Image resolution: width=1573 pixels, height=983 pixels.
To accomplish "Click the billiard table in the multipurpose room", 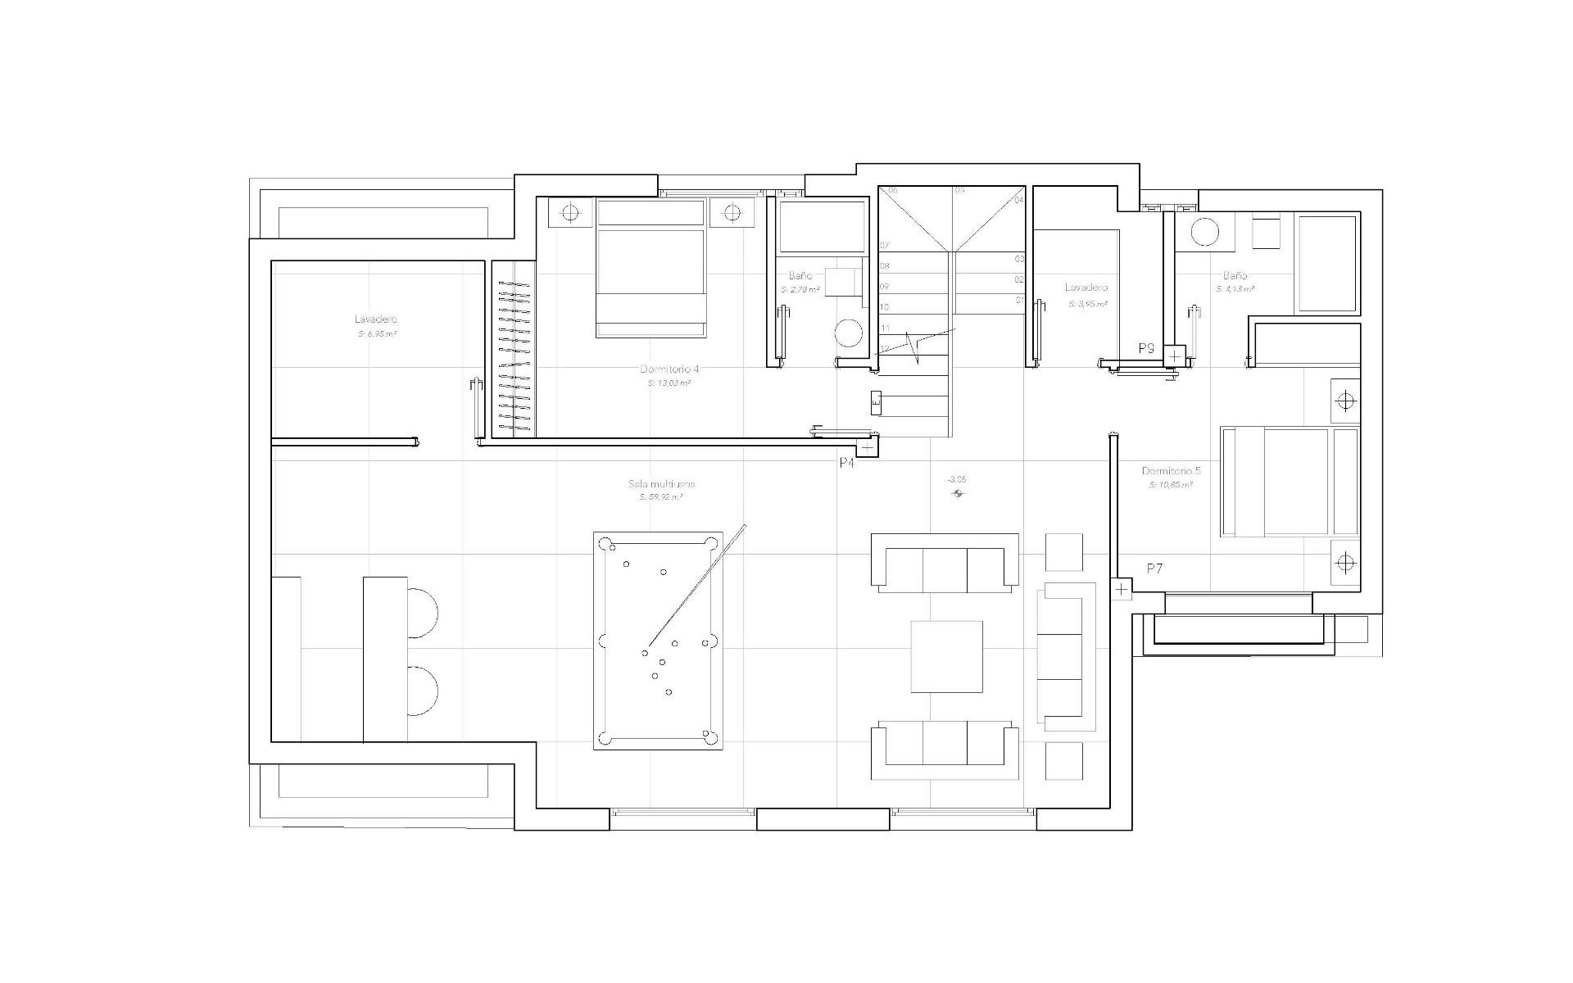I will coord(658,641).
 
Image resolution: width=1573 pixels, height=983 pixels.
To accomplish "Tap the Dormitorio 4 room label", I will coord(669,369).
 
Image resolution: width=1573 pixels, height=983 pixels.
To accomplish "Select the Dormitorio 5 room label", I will coord(1171,471).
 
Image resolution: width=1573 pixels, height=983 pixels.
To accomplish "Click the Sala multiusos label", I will coord(661,484).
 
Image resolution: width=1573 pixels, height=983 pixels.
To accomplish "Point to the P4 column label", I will coord(846,463).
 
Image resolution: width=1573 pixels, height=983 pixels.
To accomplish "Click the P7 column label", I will coord(1154,568).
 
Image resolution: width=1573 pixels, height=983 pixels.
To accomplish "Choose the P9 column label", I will coord(1146,348).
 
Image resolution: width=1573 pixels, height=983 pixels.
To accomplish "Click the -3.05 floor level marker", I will coord(956,479).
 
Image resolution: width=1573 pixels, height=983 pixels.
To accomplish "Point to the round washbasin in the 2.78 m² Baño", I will coord(848,333).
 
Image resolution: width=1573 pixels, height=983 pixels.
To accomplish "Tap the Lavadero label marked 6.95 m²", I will coord(376,319).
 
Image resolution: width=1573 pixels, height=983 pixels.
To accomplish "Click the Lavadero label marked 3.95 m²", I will coord(1086,288).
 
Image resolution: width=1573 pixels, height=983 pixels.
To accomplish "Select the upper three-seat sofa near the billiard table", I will coord(945,563).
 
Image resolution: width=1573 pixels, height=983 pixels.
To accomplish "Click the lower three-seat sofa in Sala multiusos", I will coord(945,750).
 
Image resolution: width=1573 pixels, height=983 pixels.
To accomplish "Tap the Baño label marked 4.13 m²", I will coord(1235,276).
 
